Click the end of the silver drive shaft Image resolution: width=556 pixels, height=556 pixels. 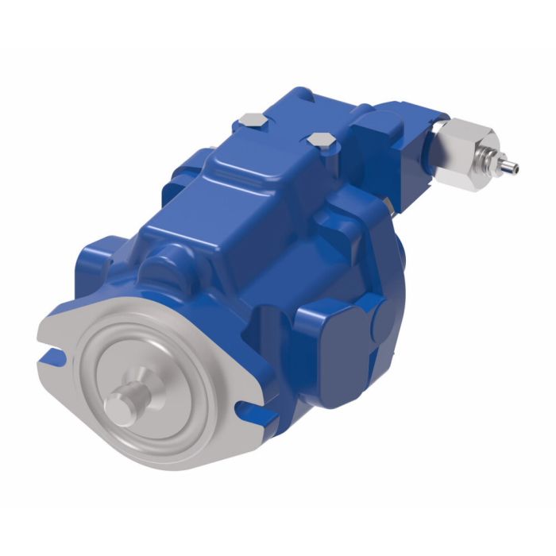coord(119,407)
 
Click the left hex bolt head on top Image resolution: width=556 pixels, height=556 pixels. coord(251,122)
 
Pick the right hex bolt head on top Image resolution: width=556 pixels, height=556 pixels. coord(319,142)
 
